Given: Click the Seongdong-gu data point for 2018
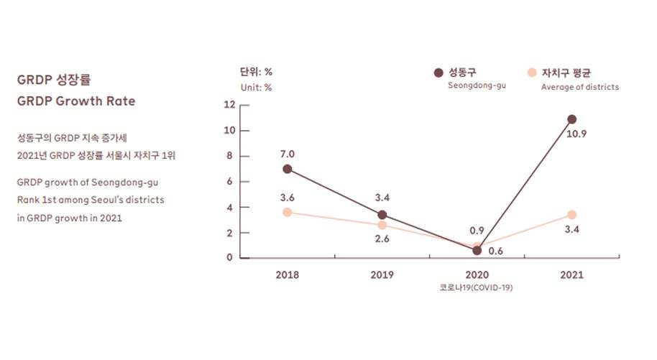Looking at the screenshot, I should (x=288, y=169).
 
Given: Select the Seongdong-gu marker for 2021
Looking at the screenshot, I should (x=571, y=119).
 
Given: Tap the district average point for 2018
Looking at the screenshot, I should (x=288, y=212).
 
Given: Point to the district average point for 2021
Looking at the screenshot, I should (x=571, y=215).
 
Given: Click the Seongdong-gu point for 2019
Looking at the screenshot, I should (x=382, y=215).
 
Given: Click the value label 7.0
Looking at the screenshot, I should (x=288, y=154).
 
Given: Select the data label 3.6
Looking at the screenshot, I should (x=288, y=198).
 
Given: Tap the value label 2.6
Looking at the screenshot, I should (x=382, y=239).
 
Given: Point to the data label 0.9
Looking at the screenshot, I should (x=477, y=231).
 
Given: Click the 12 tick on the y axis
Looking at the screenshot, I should (x=230, y=105).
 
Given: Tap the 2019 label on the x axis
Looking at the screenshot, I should (x=382, y=274).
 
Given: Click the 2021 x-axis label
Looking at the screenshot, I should (x=571, y=274).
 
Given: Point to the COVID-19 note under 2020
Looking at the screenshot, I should (x=477, y=287).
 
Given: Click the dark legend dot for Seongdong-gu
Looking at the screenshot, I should (x=438, y=73).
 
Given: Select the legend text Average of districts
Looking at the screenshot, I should (x=579, y=87).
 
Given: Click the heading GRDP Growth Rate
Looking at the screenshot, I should (x=76, y=101).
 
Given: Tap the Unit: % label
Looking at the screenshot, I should (x=256, y=88).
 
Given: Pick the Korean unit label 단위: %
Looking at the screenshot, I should (x=256, y=72).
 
